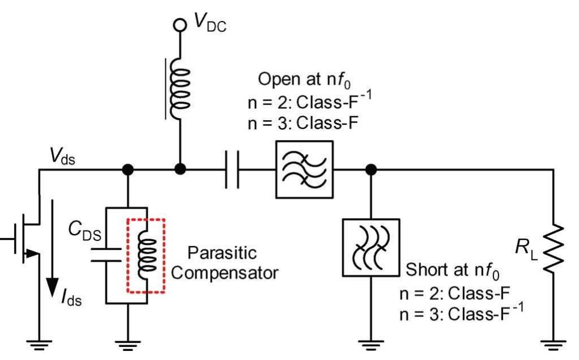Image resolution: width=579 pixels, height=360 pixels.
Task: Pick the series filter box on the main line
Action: [x=304, y=169]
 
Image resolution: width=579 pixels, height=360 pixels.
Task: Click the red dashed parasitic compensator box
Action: [x=146, y=255]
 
